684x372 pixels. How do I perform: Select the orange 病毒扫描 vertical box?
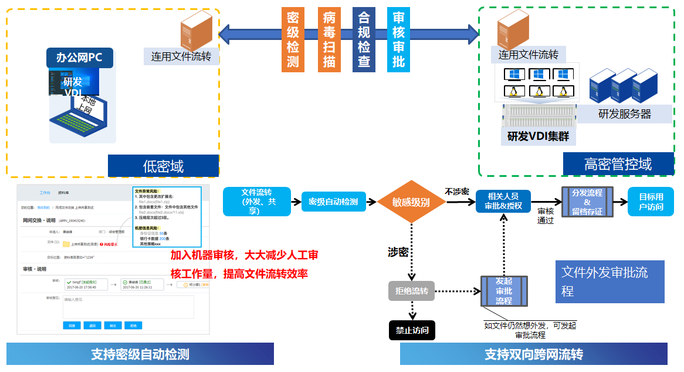point(329,40)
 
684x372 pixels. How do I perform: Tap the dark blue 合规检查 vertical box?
point(364,40)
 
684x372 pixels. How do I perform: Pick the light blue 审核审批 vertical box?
point(398,40)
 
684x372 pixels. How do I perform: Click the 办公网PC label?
point(80,58)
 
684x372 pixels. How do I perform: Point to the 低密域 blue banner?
point(163,166)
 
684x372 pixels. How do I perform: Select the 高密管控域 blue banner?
point(618,164)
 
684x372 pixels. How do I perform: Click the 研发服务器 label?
point(624,114)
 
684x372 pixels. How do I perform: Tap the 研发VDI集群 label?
point(538,136)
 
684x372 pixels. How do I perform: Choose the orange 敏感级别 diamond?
point(411,202)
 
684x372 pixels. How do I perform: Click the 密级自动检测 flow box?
point(333,202)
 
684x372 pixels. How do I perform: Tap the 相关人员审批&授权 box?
point(503,201)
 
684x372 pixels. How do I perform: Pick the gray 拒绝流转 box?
point(411,291)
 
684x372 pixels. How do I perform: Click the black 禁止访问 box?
point(412,330)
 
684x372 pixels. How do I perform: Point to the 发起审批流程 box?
point(504,291)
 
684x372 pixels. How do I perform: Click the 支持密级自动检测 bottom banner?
point(140,354)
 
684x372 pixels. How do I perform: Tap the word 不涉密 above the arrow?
point(456,192)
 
